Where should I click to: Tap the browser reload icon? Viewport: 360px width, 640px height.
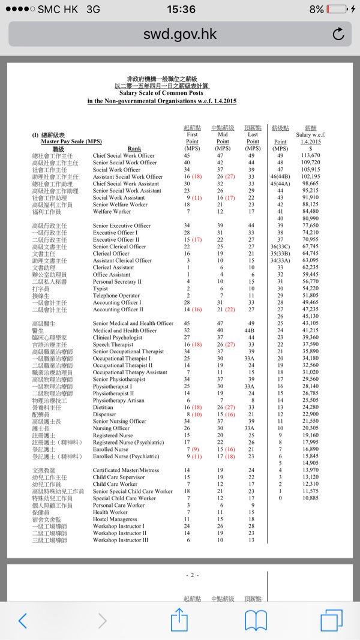tap(338, 34)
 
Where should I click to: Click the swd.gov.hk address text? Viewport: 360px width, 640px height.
tap(179, 34)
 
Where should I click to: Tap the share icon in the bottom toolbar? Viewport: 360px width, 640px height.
tap(179, 620)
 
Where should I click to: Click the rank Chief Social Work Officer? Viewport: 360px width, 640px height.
tap(124, 155)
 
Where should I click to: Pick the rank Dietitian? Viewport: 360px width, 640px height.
tap(103, 407)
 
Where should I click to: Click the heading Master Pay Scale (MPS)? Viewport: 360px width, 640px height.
tap(71, 142)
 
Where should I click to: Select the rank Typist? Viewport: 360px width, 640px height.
tap(100, 289)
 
